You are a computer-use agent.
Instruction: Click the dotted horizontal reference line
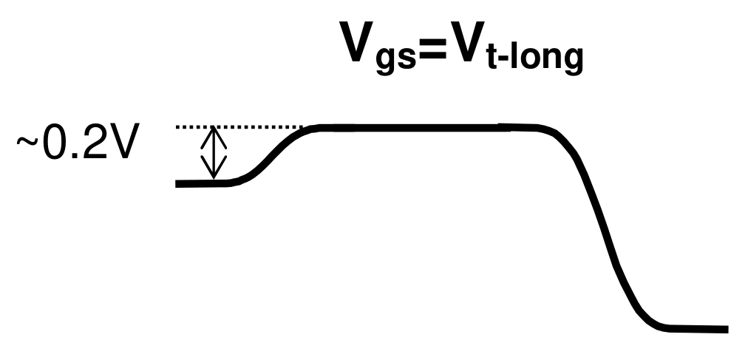tap(244, 128)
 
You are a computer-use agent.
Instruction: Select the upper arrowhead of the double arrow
tap(214, 134)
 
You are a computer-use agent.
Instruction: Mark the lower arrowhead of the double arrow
tap(214, 174)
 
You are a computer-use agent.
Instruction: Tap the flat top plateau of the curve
tap(414, 129)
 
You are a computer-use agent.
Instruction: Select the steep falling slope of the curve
tap(602, 229)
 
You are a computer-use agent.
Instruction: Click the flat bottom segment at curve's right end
tap(695, 327)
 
